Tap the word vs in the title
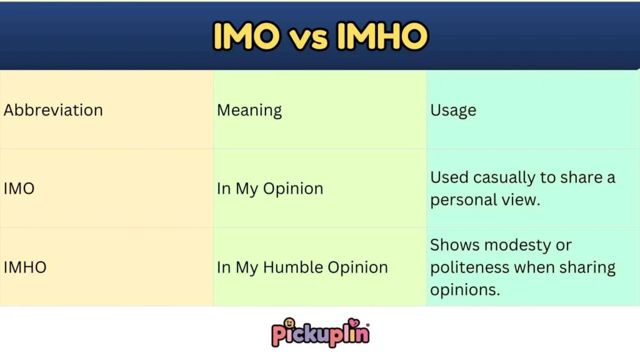[311, 37]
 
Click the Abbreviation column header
[53, 111]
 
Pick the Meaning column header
[249, 111]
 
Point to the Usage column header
[453, 111]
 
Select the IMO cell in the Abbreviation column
[19, 189]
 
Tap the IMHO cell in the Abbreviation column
[25, 267]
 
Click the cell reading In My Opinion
[270, 189]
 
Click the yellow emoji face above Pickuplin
[289, 323]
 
